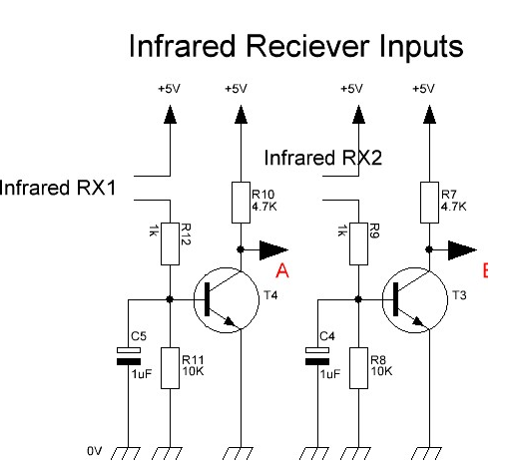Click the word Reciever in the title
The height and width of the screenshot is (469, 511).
tap(307, 46)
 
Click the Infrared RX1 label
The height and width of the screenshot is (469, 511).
tap(57, 188)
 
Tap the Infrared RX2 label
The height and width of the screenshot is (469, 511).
tap(323, 158)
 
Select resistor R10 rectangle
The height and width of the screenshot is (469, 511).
tap(241, 203)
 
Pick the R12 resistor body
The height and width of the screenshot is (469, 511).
tap(170, 243)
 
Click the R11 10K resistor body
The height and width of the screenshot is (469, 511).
tap(170, 368)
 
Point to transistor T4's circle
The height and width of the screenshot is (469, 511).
tap(227, 267)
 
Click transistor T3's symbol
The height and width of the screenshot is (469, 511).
tap(415, 299)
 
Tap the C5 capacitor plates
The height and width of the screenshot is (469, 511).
tap(129, 356)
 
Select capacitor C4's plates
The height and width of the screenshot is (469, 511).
tap(317, 356)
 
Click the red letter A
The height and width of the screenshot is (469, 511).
tap(282, 270)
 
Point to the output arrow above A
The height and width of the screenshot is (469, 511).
tap(273, 249)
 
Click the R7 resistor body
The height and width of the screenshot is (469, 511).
tap(429, 203)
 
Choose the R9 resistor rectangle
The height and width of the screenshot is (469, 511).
tap(358, 243)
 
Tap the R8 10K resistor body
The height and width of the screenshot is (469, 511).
tap(358, 368)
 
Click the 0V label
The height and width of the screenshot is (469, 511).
tap(94, 451)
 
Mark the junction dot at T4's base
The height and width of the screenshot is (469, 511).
tap(170, 299)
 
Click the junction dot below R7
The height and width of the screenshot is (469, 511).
tap(429, 249)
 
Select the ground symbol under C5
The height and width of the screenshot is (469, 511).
tap(126, 453)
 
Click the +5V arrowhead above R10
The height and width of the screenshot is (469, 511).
tap(241, 115)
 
